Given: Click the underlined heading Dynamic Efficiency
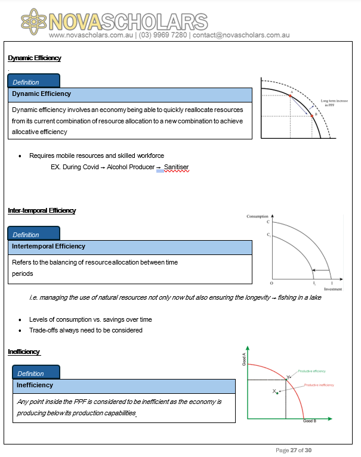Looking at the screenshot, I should (x=35, y=58).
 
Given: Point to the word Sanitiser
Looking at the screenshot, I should (x=177, y=167).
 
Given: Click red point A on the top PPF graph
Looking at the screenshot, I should (x=290, y=95).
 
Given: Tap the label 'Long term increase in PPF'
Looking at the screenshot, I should (x=334, y=102).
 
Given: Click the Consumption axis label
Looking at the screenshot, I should (x=257, y=216).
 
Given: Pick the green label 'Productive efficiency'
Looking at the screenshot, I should (x=310, y=371).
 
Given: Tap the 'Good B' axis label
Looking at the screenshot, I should (x=309, y=421).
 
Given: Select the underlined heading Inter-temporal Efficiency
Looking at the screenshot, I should (x=42, y=210).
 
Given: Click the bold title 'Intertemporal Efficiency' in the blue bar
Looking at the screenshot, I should (x=49, y=246).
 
